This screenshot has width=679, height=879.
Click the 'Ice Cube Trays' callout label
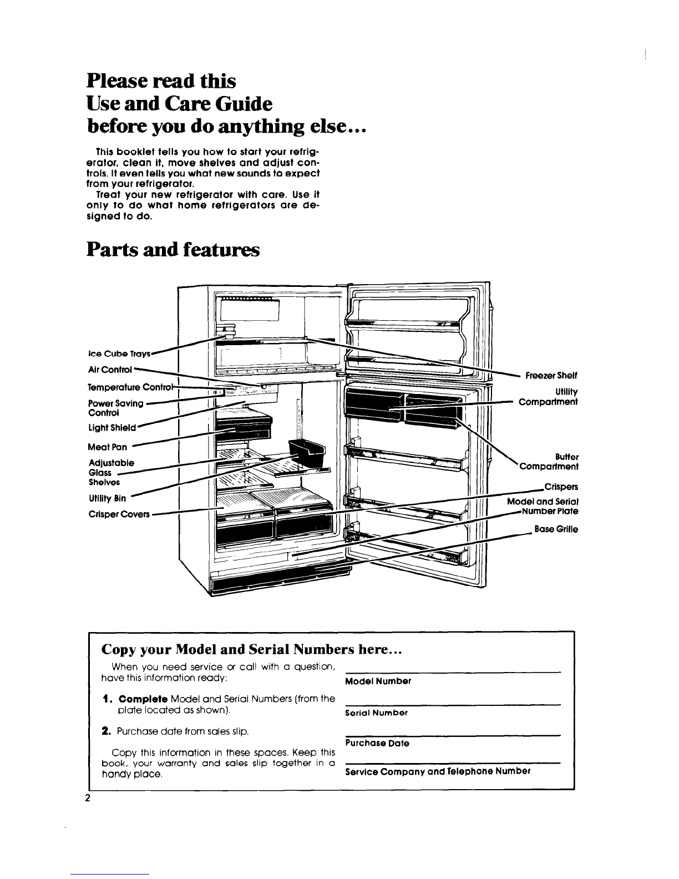119,354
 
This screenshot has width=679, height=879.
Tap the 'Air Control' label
110,370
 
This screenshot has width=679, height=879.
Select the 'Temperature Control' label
130,387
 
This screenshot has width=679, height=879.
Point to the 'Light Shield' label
112,427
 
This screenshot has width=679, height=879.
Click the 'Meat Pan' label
108,447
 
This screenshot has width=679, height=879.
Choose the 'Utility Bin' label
108,498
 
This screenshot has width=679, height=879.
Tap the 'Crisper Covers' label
119,514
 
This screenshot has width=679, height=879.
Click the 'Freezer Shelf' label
551,376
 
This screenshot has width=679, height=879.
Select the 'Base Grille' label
556,529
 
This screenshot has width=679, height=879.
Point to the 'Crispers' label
561,487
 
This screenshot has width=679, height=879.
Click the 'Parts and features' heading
173,250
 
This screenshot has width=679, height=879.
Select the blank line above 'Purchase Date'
453,735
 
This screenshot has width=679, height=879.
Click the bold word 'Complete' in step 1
143,699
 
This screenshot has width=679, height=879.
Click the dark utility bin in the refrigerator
307,450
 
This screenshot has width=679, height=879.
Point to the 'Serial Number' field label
376,713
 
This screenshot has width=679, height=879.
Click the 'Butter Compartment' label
549,462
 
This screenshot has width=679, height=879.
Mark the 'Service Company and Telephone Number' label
438,771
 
